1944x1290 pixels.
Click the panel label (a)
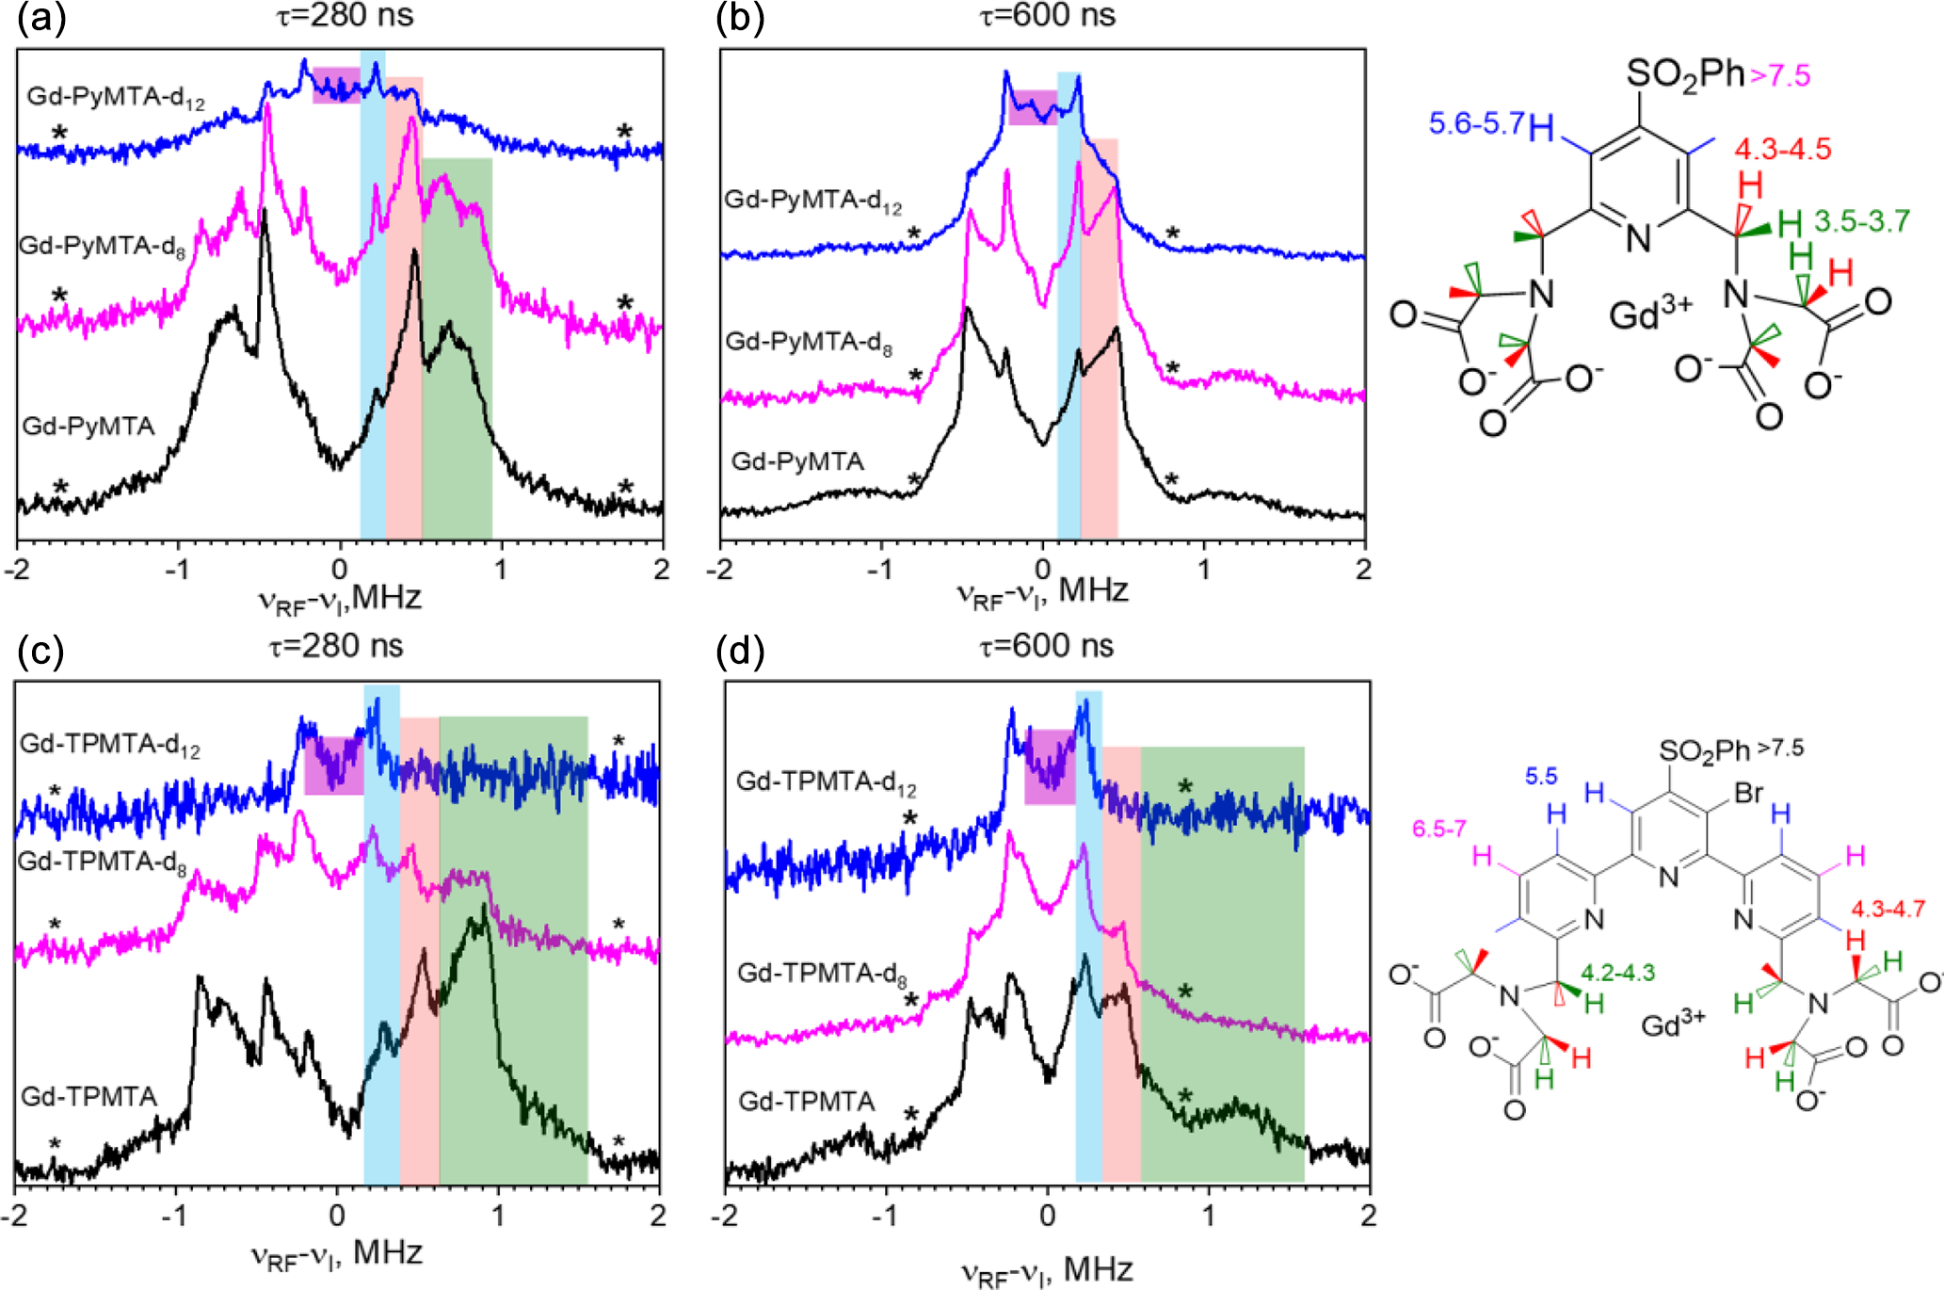(x=41, y=20)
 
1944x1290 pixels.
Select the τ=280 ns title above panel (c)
(x=336, y=646)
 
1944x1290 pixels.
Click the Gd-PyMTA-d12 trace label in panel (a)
(x=115, y=97)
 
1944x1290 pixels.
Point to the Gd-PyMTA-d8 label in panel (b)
(x=808, y=342)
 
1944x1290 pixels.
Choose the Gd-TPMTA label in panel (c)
(x=88, y=1096)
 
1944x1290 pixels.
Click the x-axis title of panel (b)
(x=1042, y=593)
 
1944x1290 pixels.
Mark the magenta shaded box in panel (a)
(x=336, y=85)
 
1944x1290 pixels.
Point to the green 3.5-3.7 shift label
(x=1862, y=221)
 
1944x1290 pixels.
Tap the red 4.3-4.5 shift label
(x=1783, y=149)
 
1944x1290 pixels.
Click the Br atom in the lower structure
(x=1748, y=793)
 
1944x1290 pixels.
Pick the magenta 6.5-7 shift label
(x=1438, y=830)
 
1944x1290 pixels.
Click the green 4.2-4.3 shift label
(x=1617, y=973)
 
